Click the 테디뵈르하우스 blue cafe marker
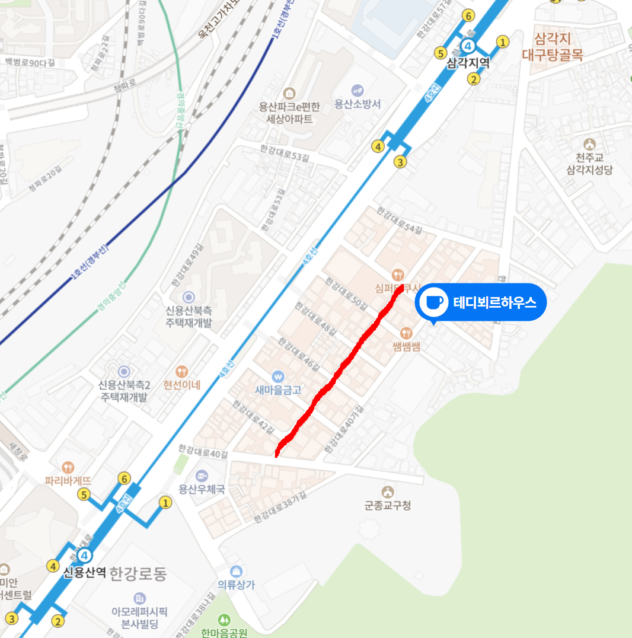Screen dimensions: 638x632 click(432, 302)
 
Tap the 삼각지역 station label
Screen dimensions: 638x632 click(468, 63)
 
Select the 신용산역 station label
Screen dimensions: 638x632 click(85, 572)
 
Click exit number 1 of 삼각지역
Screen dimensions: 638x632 click(503, 42)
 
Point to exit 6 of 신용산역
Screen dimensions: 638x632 click(124, 478)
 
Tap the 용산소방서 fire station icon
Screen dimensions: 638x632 click(357, 91)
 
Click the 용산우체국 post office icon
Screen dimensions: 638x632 click(202, 476)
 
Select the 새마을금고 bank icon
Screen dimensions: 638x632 click(278, 377)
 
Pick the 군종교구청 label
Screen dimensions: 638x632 click(388, 506)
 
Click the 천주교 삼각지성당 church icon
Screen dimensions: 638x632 click(589, 144)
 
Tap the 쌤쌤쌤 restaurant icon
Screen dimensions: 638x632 click(406, 333)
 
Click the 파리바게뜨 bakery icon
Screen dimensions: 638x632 click(68, 467)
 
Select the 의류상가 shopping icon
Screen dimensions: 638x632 click(237, 572)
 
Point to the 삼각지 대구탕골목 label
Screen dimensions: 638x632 click(553, 47)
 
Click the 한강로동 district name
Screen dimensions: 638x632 click(138, 574)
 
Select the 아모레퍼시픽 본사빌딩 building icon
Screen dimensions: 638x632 click(140, 598)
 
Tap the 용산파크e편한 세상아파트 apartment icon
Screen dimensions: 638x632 click(289, 94)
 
